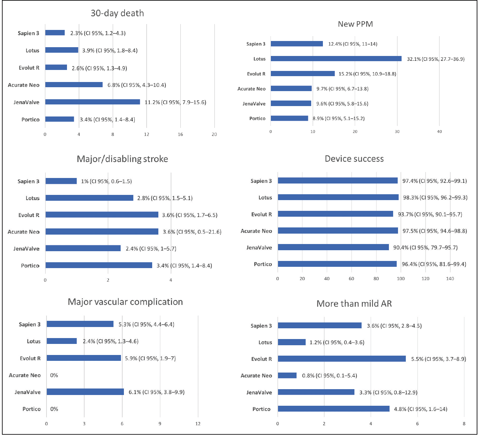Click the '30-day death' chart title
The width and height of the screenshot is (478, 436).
click(x=117, y=13)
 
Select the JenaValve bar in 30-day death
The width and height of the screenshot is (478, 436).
click(x=92, y=102)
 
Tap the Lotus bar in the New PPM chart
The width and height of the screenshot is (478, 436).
click(x=336, y=59)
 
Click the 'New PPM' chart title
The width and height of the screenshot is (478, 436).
click(x=355, y=24)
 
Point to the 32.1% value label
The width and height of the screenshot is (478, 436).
click(x=436, y=59)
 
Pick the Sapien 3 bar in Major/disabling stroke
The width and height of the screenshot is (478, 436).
click(x=61, y=181)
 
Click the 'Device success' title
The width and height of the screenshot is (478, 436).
click(x=354, y=159)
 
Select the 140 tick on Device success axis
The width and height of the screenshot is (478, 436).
click(x=450, y=279)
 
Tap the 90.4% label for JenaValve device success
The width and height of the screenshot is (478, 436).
click(x=425, y=248)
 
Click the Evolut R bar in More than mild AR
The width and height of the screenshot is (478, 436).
click(x=341, y=359)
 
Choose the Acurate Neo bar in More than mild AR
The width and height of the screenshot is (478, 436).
click(x=287, y=375)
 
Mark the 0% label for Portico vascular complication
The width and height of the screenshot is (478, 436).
click(x=54, y=409)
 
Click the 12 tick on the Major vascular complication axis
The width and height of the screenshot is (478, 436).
click(x=198, y=424)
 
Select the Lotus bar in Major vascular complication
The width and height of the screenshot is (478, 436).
click(x=61, y=341)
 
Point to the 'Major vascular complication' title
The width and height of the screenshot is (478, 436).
click(x=125, y=302)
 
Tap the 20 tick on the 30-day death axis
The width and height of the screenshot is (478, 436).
click(x=214, y=134)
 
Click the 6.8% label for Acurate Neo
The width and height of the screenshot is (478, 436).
click(x=137, y=85)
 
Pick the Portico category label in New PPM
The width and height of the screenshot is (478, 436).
click(x=257, y=118)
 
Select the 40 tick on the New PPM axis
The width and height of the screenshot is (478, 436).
click(x=439, y=131)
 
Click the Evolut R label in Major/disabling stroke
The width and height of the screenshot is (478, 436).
click(x=29, y=215)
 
